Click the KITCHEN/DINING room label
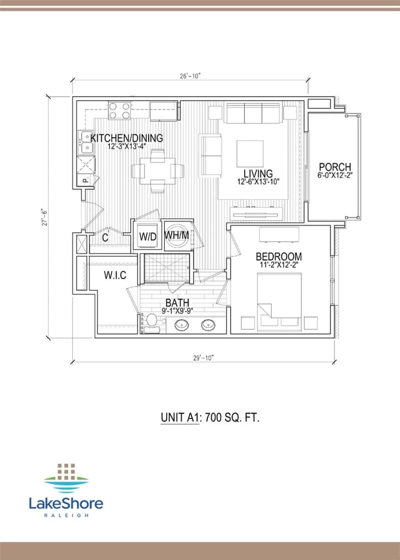127,138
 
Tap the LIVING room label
258,174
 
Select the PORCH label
335,167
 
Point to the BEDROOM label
279,257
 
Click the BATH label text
177,303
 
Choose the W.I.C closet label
115,275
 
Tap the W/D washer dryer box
147,236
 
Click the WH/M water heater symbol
177,235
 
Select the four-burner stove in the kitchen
119,111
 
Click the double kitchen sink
86,143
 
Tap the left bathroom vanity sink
182,326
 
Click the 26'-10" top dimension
190,76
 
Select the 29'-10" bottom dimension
203,358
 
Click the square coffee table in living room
250,154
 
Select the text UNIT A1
179,418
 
